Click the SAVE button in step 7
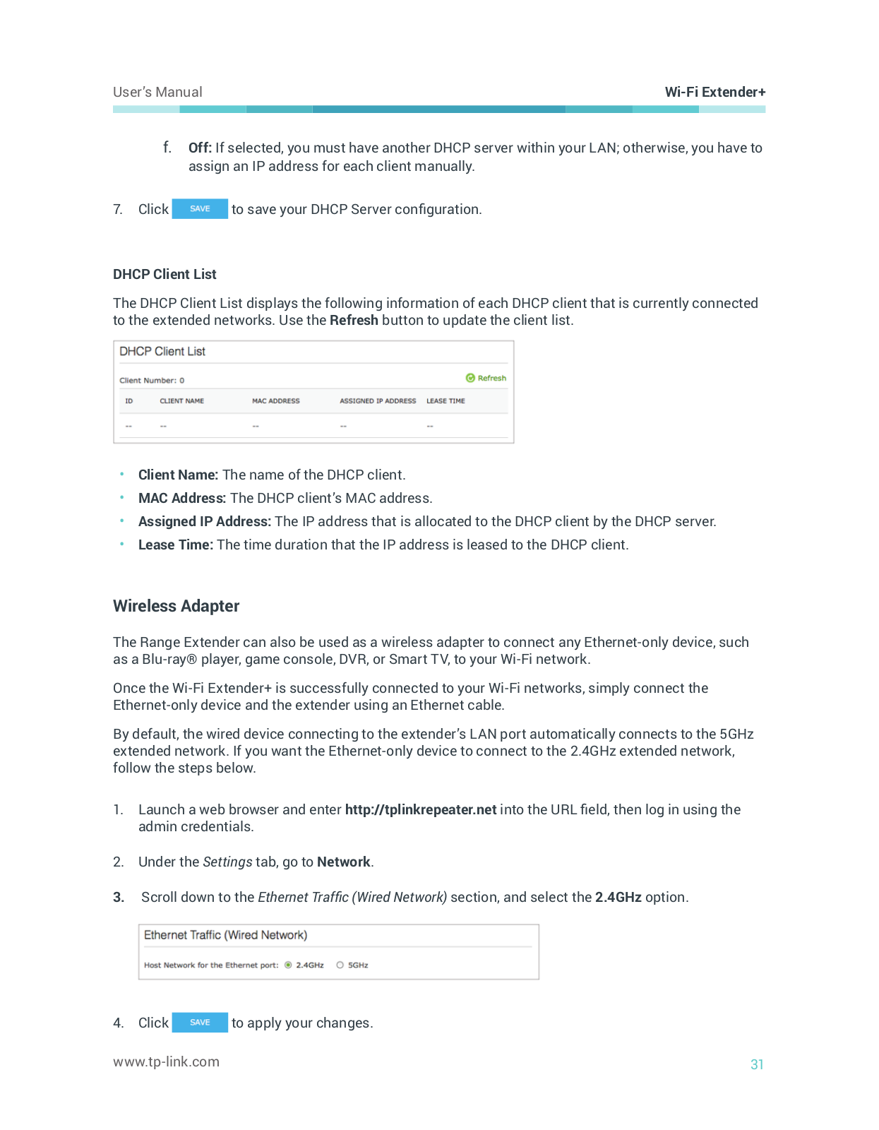200,209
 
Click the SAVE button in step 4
200,1022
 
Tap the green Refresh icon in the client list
470,378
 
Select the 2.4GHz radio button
288,965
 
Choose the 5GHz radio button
340,965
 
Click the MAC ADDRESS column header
275,401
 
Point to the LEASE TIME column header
446,401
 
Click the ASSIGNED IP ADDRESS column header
378,401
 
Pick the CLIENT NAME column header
181,401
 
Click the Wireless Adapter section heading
176,606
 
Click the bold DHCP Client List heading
165,274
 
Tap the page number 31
757,1064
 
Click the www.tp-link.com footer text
166,1061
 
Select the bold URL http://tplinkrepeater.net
421,809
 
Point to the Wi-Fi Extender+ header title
715,92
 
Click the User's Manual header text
157,92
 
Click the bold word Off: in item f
200,148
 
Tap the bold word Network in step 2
344,862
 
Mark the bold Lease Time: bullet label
176,545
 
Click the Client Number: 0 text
152,380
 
